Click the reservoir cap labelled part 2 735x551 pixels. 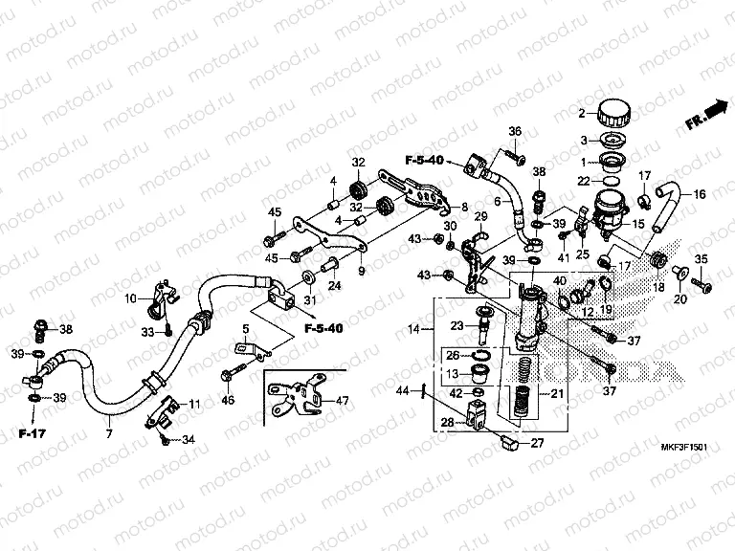[x=609, y=113]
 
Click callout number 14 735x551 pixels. [x=413, y=329]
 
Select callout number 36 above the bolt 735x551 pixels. [x=514, y=131]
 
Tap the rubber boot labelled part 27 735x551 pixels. [x=508, y=441]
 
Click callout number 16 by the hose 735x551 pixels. [x=699, y=194]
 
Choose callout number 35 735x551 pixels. [x=700, y=259]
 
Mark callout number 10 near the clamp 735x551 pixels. [x=130, y=298]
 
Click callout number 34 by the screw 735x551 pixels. [x=188, y=440]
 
